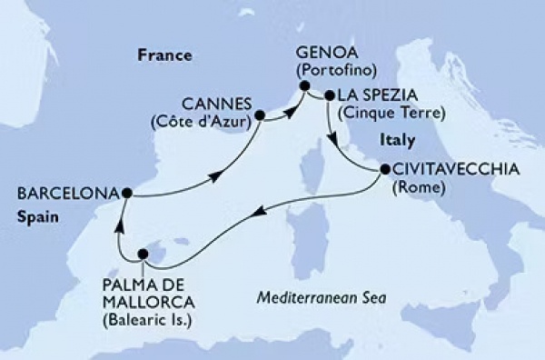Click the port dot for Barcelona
[127, 193]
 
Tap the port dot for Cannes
[260, 115]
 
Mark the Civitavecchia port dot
[383, 169]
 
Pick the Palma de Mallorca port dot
[142, 255]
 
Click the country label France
[165, 55]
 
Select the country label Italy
[396, 141]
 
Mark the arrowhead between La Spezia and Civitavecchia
[335, 140]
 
